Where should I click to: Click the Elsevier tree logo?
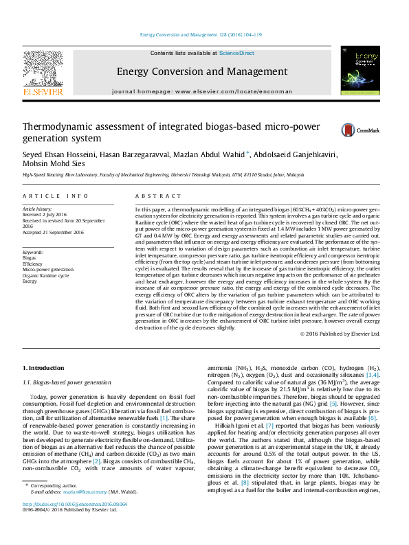pyautogui.click(x=43, y=69)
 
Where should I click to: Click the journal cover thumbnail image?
pyautogui.click(x=360, y=71)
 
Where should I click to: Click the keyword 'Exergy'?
pyautogui.click(x=30, y=281)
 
